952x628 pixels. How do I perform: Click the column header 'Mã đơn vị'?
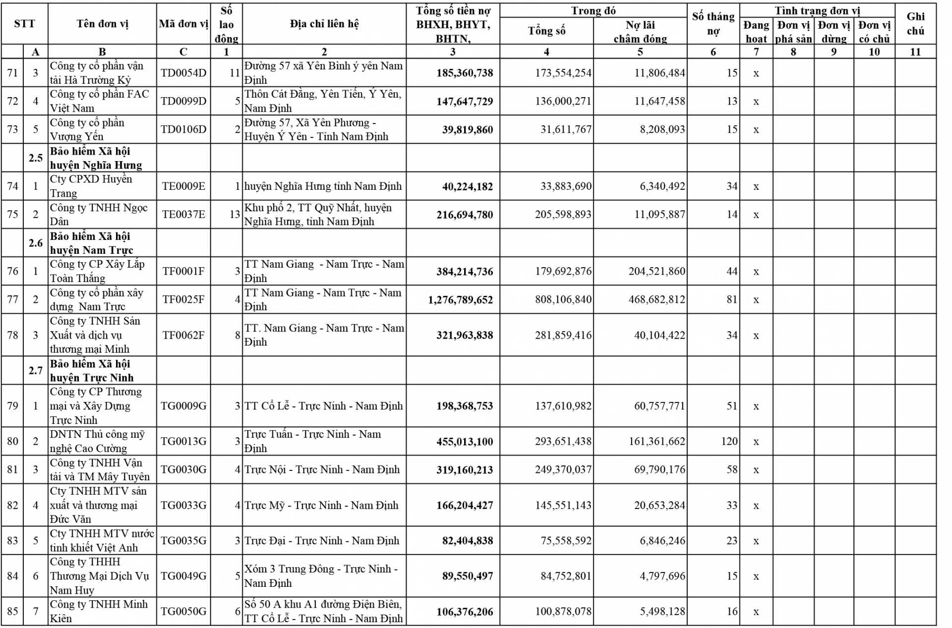[183, 24]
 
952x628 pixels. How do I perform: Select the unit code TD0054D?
[183, 73]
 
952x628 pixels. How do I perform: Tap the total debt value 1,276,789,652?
[461, 300]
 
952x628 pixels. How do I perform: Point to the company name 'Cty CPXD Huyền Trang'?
[91, 186]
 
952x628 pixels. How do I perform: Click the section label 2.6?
[36, 243]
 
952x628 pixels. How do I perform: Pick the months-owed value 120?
[729, 442]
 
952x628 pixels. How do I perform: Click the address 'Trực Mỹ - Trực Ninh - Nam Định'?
[321, 506]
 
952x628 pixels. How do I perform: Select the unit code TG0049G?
[183, 576]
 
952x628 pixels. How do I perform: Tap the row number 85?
[12, 612]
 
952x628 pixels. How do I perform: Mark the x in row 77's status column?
[756, 300]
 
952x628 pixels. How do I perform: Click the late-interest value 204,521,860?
[656, 272]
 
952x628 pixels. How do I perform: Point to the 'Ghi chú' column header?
[915, 24]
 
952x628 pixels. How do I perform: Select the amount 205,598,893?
[563, 215]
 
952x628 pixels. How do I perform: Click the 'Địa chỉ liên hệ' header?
[324, 24]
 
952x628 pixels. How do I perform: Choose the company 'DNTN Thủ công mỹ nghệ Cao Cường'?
[97, 442]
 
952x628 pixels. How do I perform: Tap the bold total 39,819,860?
[468, 130]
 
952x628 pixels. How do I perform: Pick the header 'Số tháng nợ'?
[713, 24]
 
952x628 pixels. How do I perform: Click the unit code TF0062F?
[183, 336]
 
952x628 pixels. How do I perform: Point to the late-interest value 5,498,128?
[662, 612]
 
